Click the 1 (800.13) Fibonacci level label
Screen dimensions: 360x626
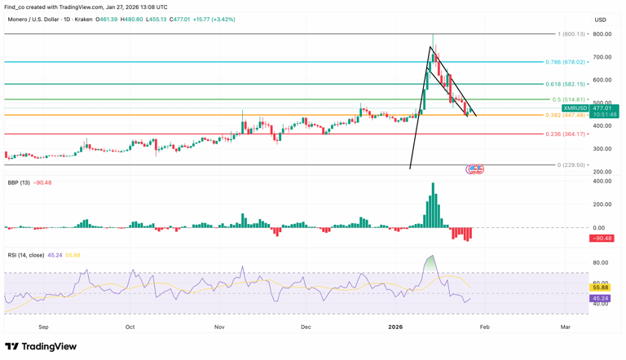point(571,34)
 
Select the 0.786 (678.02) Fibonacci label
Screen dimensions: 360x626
point(565,62)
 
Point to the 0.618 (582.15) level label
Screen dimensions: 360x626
point(565,84)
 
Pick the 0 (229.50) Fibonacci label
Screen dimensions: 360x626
point(571,165)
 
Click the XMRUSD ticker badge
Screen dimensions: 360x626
point(575,108)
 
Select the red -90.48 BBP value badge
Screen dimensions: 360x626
point(602,239)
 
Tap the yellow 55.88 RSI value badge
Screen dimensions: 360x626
point(601,288)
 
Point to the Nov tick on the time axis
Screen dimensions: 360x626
point(219,327)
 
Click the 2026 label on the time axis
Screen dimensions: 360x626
point(395,327)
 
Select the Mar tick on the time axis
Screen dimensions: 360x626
point(565,327)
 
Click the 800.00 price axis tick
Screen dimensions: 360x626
point(602,34)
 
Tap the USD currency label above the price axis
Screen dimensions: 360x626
point(601,20)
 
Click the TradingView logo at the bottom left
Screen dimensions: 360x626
point(41,347)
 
